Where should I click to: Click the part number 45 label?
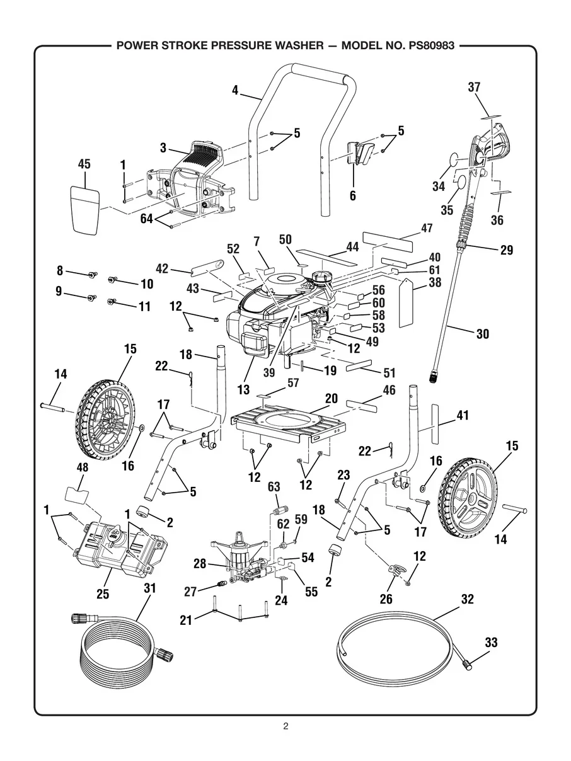tap(84, 164)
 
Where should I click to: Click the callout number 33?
tap(491, 643)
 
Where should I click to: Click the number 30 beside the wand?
tap(482, 335)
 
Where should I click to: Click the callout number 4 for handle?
tap(235, 90)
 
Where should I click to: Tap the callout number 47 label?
tap(427, 228)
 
